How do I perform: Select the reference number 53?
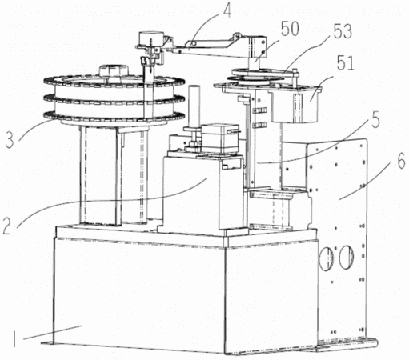tap(343, 31)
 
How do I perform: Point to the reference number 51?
tap(345, 63)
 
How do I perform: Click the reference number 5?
tap(375, 120)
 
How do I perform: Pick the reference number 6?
tap(401, 161)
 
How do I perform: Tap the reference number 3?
tap(10, 140)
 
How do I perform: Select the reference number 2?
tap(9, 226)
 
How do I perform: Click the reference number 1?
tap(14, 338)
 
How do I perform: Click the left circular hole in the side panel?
tap(327, 258)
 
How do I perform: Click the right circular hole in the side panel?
tap(347, 257)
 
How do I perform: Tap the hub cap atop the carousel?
tap(113, 71)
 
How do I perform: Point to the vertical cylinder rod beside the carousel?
tap(194, 106)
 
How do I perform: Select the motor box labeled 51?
tap(295, 106)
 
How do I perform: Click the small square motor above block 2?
tap(220, 138)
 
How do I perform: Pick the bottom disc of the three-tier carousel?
tap(114, 118)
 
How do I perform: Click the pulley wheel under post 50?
tap(256, 75)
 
